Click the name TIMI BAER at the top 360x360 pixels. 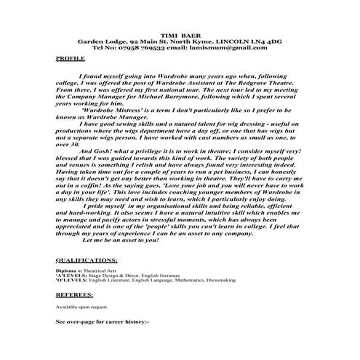pos(180,34)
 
